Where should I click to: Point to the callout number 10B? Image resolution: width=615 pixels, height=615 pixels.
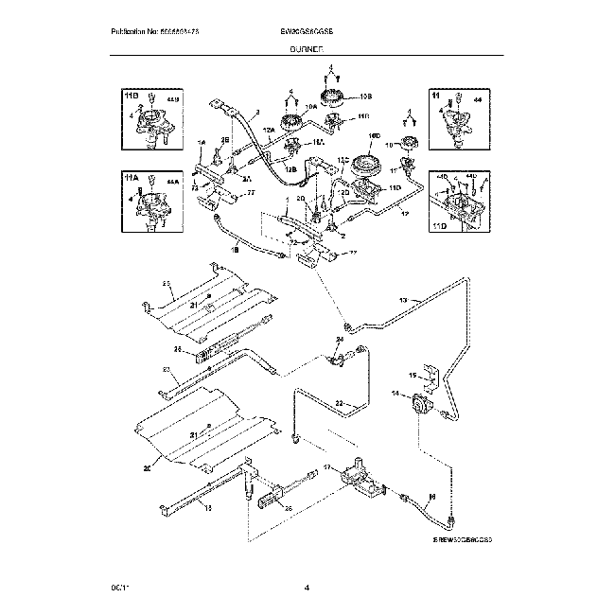coord(366,97)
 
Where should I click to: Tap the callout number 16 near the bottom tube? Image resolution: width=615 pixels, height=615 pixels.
coord(431,495)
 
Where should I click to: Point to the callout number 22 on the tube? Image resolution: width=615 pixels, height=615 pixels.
coord(339,405)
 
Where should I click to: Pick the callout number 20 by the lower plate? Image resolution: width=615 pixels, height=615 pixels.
coord(148,466)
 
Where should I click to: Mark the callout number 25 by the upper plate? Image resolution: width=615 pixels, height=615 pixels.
coord(165,284)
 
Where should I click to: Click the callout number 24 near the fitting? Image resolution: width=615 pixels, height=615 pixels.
coord(340,339)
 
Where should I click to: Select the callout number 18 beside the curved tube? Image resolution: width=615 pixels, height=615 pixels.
coord(235,252)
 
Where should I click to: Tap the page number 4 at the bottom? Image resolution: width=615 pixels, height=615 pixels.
coord(307,590)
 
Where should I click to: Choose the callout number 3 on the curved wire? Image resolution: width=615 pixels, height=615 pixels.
coord(256,111)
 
